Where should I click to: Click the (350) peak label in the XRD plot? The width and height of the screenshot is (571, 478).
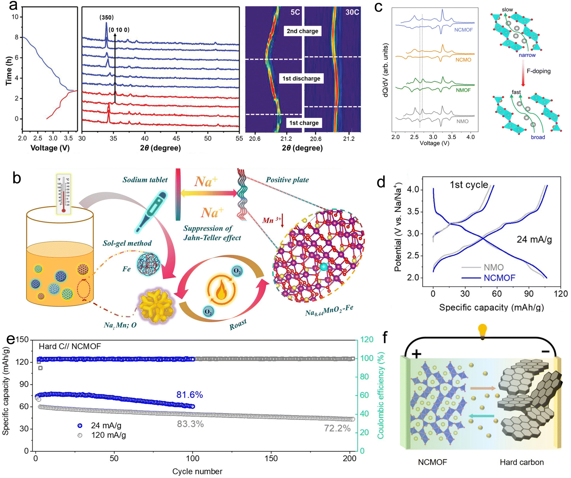107,17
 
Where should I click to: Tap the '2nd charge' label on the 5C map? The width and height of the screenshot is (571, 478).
302,31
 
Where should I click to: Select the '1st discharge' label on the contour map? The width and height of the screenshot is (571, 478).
301,79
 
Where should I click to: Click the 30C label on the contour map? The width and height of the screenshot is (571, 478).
352,12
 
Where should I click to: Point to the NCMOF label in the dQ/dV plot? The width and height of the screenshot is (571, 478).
463,30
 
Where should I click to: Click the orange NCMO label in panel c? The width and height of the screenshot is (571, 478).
463,60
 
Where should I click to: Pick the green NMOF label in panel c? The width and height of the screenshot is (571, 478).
463,90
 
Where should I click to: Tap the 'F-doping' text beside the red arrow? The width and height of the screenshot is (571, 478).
538,71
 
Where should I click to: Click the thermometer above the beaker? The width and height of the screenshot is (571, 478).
63,194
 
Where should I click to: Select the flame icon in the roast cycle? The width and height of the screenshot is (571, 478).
221,291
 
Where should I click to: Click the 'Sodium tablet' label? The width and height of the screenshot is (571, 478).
145,180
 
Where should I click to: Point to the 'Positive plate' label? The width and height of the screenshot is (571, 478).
287,180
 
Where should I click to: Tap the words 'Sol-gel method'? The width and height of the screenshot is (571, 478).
127,243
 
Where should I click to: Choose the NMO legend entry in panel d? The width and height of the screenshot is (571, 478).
493,267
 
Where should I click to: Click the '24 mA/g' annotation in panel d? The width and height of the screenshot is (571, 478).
534,239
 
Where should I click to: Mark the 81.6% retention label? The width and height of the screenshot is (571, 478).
189,395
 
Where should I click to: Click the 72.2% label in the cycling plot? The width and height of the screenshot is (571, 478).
337,428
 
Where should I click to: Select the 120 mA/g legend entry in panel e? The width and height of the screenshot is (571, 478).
108,435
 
